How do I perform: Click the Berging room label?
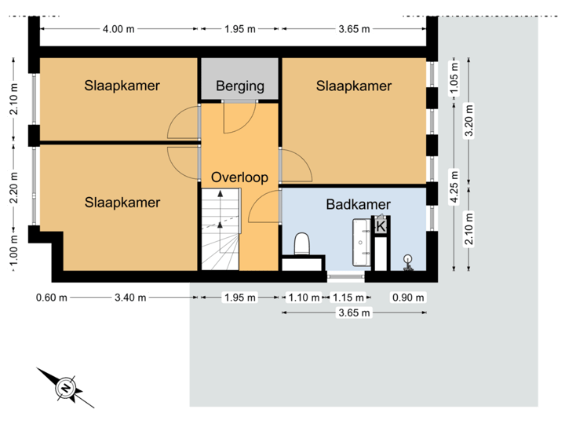[x=240, y=86]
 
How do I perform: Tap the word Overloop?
[x=239, y=177]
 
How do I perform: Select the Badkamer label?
[x=358, y=204]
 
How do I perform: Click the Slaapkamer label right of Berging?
[x=353, y=86]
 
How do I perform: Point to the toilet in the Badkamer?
[x=302, y=244]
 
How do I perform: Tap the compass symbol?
[x=65, y=387]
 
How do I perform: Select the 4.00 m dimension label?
[x=119, y=29]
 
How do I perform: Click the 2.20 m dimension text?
[x=14, y=188]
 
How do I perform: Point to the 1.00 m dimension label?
[x=14, y=251]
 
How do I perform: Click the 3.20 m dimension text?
[x=469, y=122]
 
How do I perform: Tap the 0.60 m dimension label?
[x=52, y=298]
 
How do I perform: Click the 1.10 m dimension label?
[x=304, y=298]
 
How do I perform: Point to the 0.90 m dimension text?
[x=407, y=298]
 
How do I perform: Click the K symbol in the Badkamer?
[x=381, y=226]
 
